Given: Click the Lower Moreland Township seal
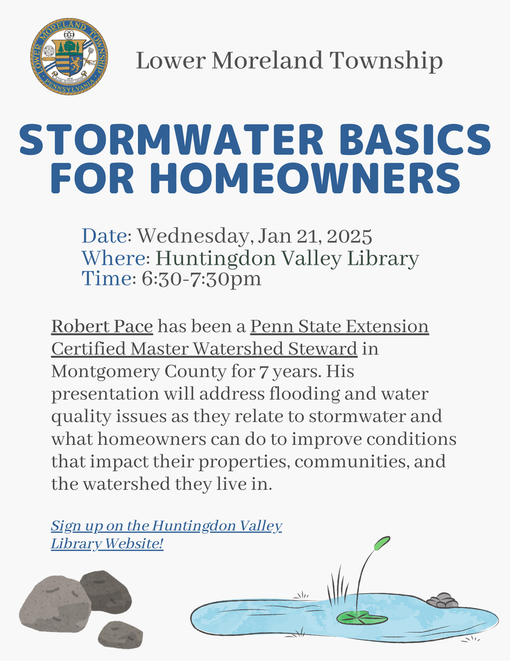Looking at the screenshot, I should (69, 57).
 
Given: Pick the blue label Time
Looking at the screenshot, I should (106, 279).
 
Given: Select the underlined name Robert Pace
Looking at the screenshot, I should (102, 326).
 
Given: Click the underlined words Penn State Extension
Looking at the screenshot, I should (340, 326).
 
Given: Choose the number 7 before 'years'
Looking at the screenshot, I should (262, 372).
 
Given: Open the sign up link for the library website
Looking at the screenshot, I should (166, 534).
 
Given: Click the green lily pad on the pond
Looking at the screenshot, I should (362, 618).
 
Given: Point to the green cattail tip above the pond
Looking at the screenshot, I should (382, 543).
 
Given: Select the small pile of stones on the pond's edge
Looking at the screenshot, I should (442, 600).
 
